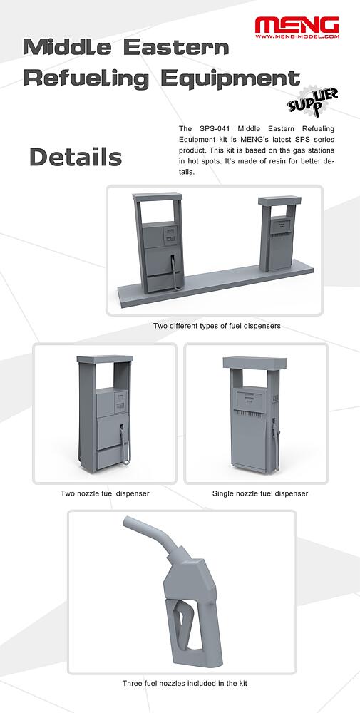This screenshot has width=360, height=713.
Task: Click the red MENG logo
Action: click(297, 25)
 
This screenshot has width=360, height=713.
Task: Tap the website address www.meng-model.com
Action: click(297, 36)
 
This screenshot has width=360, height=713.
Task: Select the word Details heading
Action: click(76, 158)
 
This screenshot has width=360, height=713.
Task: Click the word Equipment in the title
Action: click(230, 78)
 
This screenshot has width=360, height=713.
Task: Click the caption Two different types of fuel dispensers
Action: click(217, 326)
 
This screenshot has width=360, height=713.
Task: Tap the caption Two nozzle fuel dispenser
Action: click(105, 493)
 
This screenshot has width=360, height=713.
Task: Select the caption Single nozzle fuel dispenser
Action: click(260, 493)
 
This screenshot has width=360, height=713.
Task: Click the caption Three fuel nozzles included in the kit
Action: click(185, 683)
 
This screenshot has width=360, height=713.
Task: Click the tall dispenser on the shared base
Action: click(159, 242)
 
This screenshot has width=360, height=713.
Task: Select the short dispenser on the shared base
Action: click(278, 233)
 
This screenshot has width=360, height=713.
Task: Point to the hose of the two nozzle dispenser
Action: click(125, 446)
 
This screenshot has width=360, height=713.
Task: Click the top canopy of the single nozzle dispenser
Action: click(254, 364)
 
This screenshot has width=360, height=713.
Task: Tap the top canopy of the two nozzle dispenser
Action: click(105, 359)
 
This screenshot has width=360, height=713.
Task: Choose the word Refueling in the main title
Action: click(86, 78)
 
